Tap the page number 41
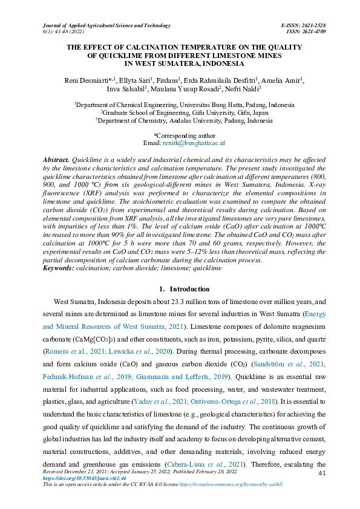click(322, 472)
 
